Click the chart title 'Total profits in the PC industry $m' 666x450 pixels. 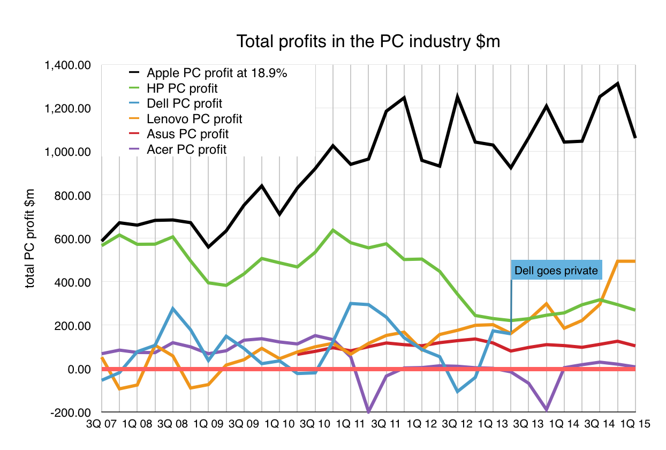pos(368,42)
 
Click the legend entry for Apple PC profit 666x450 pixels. pos(217,73)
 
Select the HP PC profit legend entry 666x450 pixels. pos(182,88)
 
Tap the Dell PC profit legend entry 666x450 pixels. pos(184,103)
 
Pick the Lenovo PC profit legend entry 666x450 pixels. pos(194,118)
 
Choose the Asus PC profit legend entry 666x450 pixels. pos(187,134)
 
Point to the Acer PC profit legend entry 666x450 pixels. pos(186,149)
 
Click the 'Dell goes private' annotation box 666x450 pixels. pos(556,271)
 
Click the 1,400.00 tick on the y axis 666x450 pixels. pos(69,65)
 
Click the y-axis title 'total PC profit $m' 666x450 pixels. pos(31,238)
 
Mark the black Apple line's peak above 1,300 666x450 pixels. pos(618,84)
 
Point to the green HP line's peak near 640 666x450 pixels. pos(333,230)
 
